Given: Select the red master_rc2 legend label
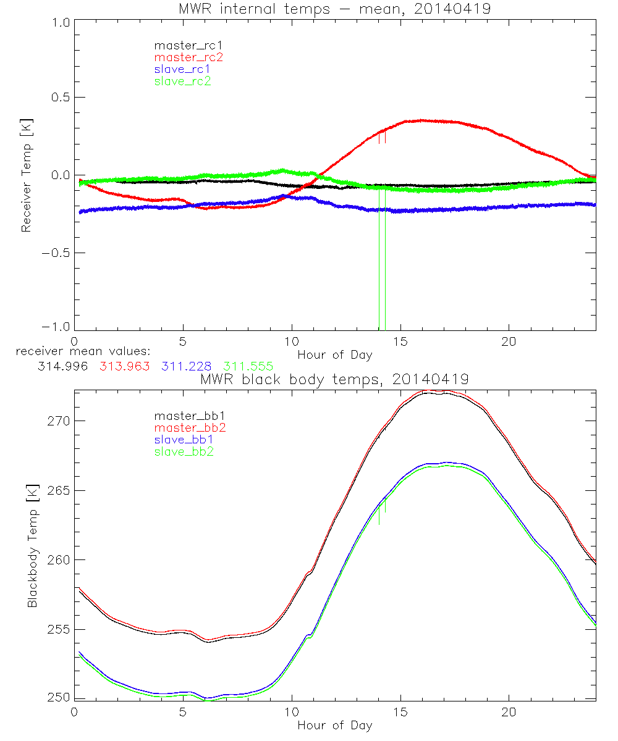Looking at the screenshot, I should pyautogui.click(x=188, y=57).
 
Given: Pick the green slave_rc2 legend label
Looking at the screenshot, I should pyautogui.click(x=183, y=81).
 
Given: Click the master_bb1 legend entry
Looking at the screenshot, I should pyautogui.click(x=183, y=417).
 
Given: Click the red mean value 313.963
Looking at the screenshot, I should pyautogui.click(x=124, y=366).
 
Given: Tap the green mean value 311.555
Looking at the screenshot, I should pyautogui.click(x=247, y=366).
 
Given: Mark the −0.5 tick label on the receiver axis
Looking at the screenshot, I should pyautogui.click(x=57, y=253).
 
